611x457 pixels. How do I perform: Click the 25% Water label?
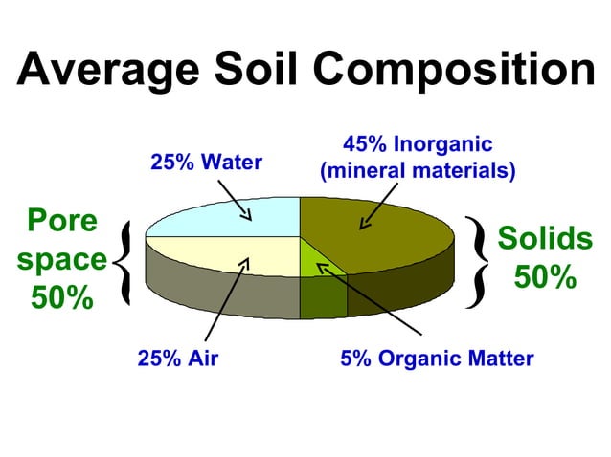[x=206, y=163]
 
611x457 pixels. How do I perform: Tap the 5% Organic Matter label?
[x=437, y=359]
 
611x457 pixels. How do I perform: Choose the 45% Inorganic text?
[x=418, y=145]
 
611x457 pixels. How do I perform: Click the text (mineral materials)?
[x=418, y=172]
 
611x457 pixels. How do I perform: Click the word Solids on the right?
[x=545, y=238]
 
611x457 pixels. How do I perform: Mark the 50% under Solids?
[x=545, y=277]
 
